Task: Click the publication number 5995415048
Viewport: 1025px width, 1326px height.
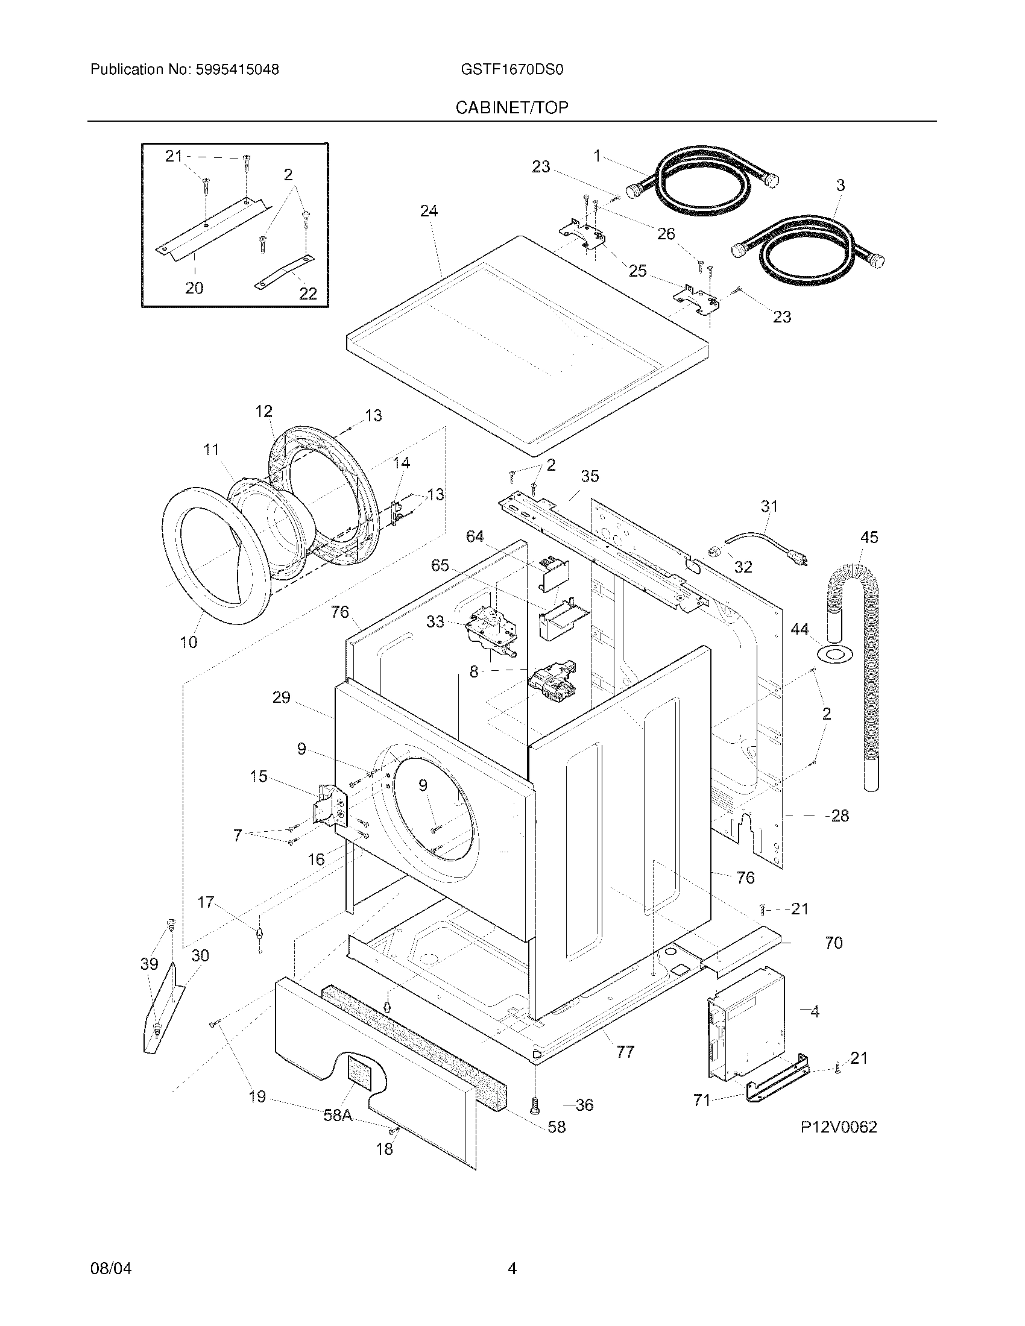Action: click(x=237, y=70)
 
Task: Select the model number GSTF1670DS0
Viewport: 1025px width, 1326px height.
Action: click(x=512, y=70)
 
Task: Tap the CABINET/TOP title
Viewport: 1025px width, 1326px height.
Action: click(x=512, y=108)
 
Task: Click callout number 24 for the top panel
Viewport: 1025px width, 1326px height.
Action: click(x=429, y=212)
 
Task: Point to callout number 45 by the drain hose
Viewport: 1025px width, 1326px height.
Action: click(x=869, y=537)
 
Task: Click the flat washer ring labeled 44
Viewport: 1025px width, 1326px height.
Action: click(x=836, y=655)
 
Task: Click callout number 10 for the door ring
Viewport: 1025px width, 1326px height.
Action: click(x=189, y=642)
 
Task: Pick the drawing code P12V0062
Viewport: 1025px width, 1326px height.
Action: click(x=838, y=1128)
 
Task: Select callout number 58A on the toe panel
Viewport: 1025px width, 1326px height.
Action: click(x=338, y=1115)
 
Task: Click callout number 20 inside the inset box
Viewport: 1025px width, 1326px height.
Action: click(x=194, y=288)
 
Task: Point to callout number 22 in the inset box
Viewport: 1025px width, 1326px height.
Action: click(x=308, y=294)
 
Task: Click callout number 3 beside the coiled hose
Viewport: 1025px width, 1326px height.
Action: click(x=840, y=186)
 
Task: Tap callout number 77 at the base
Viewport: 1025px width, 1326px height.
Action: click(x=625, y=1052)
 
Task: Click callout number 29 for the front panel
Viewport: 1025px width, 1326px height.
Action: click(x=281, y=697)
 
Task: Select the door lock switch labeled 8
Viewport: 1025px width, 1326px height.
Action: click(x=552, y=683)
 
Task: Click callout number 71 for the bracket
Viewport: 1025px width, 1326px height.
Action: click(x=702, y=1099)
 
